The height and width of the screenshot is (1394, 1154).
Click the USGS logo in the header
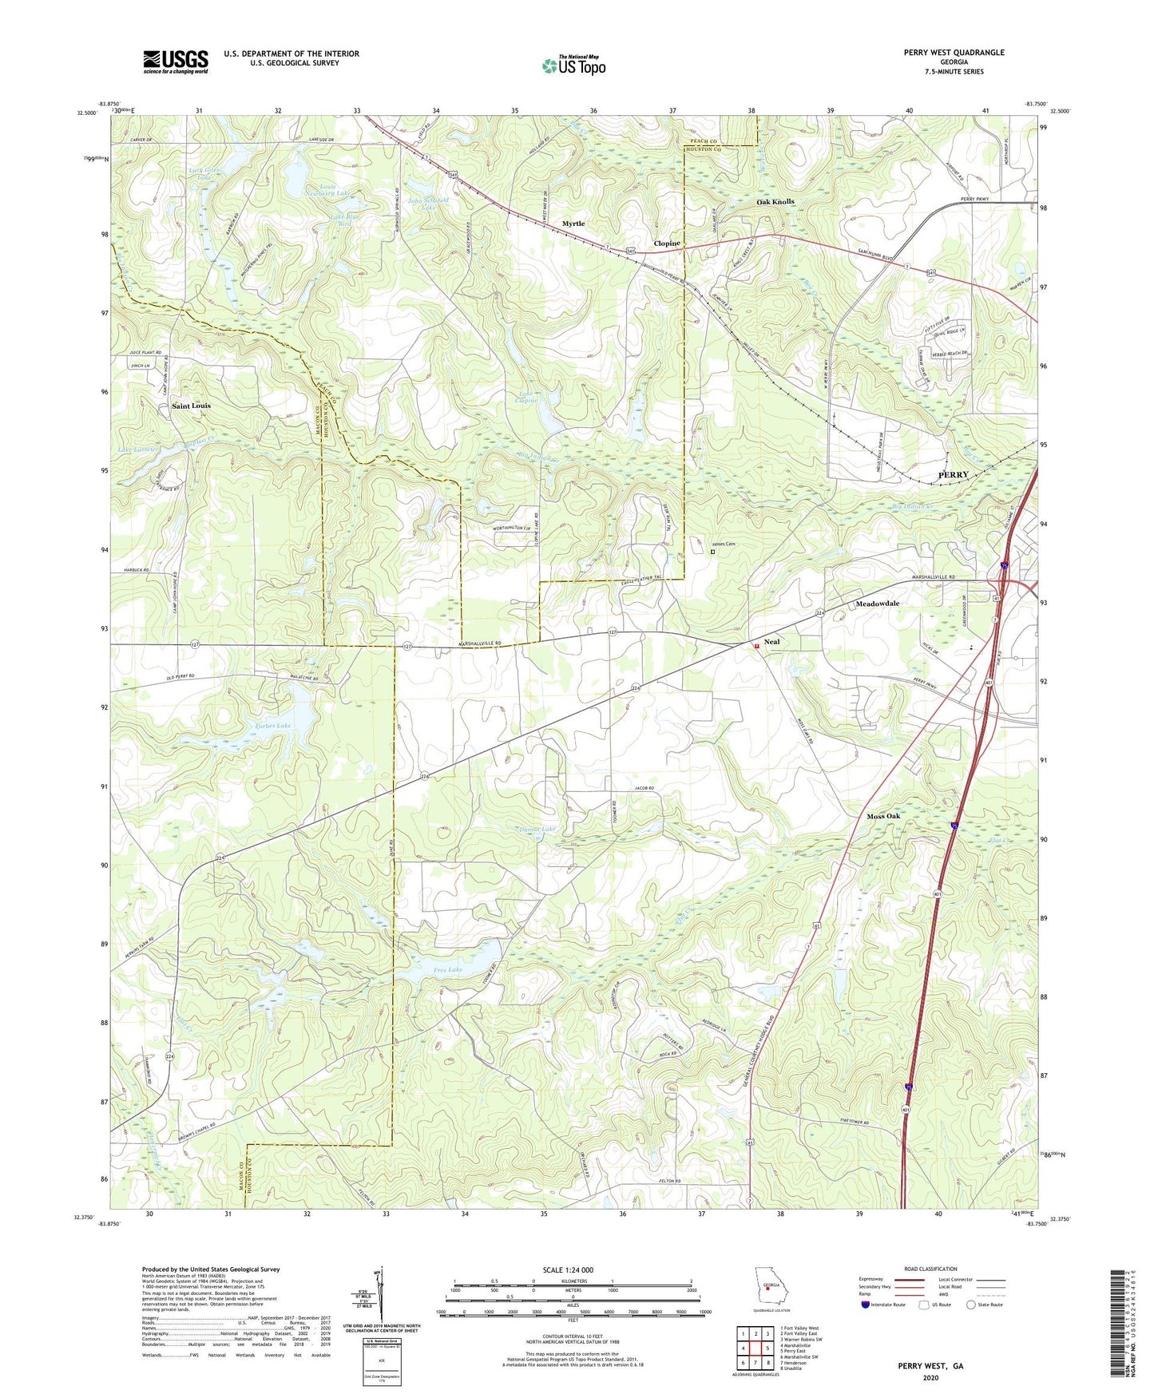[x=176, y=61]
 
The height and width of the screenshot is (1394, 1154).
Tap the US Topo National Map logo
[x=573, y=65]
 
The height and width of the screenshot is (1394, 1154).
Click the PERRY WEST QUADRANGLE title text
[x=954, y=53]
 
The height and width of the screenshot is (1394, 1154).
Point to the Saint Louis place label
[x=191, y=406]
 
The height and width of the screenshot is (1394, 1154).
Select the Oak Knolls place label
[x=775, y=202]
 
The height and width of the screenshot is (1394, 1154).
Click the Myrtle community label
[x=573, y=224]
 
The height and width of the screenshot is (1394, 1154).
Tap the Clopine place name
[x=667, y=244]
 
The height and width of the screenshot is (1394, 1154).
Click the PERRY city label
[x=952, y=474]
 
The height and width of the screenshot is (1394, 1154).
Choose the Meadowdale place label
[x=877, y=604]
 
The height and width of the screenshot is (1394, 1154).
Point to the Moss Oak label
[x=882, y=816]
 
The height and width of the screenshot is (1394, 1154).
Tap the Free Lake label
[x=447, y=970]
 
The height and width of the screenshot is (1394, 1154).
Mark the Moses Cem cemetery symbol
[x=713, y=551]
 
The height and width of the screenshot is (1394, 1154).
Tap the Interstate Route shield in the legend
[x=866, y=1305]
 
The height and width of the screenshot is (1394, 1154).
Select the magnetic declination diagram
[x=381, y=1293]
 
